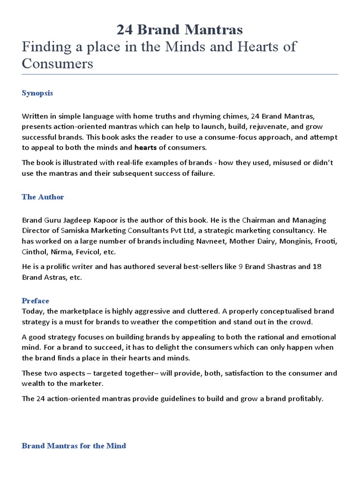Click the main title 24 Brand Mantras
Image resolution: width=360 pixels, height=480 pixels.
pos(180,30)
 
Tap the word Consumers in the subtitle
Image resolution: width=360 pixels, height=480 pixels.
pos(58,63)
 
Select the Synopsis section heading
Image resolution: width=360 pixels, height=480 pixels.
pos(37,93)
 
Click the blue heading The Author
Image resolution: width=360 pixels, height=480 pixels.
pos(43,197)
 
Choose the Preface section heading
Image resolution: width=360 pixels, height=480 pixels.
pos(35,300)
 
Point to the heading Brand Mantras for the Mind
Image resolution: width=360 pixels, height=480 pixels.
pos(74,445)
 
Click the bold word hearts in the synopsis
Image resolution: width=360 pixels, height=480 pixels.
pos(146,148)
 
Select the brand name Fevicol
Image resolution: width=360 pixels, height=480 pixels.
pos(85,252)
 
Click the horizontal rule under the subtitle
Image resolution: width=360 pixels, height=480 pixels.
pos(180,74)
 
